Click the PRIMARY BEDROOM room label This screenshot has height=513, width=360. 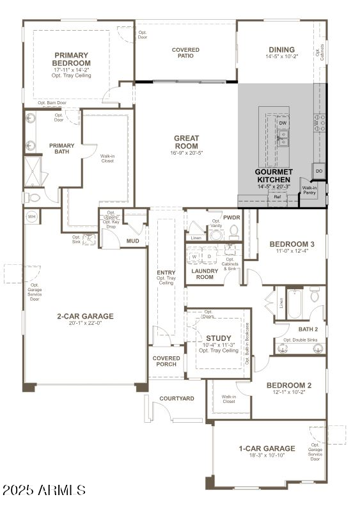[x=72, y=59]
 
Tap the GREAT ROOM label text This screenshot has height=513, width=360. [x=186, y=142]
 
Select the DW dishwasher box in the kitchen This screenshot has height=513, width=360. [x=283, y=123]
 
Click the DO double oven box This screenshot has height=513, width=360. [x=318, y=171]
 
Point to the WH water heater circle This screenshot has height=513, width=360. [x=31, y=217]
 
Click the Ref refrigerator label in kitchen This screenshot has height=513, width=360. [x=278, y=197]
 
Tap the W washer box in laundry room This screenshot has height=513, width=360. [x=194, y=256]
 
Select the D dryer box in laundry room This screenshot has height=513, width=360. [x=208, y=256]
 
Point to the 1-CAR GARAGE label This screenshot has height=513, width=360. [x=267, y=448]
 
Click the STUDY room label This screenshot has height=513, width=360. [x=218, y=338]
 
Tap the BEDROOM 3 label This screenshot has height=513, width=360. [x=292, y=244]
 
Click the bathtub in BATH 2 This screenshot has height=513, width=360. [x=294, y=304]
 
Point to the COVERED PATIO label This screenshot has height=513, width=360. [x=185, y=53]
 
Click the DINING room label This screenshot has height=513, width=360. [x=281, y=49]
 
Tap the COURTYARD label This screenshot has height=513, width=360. [x=176, y=399]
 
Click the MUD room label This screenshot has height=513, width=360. [x=132, y=241]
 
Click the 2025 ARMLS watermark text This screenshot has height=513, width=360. [x=44, y=491]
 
